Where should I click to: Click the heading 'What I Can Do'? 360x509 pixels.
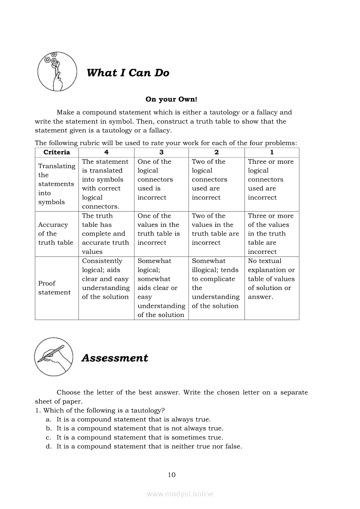point(128,73)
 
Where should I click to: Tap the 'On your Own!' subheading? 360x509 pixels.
point(171,99)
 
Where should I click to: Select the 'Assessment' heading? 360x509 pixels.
point(115,358)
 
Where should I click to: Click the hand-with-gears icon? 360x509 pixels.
point(55,71)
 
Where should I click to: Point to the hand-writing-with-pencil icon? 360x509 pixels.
point(54,357)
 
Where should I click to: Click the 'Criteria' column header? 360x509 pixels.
point(57,152)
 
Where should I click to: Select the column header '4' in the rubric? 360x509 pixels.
point(106,152)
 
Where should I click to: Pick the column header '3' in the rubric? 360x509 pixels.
point(161,152)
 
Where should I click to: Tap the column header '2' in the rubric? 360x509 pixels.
point(216,152)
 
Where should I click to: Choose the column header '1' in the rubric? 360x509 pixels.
point(272,152)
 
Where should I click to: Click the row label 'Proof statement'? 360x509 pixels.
point(54,288)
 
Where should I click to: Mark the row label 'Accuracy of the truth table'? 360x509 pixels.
point(56,234)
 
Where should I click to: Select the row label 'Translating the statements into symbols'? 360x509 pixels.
point(57,184)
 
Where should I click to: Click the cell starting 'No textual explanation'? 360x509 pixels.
point(271,279)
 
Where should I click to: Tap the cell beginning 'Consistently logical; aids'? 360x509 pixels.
point(106,279)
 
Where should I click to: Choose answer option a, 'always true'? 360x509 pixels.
point(133,419)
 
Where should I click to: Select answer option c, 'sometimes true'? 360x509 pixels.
point(139,437)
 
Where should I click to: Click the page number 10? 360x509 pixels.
point(172,475)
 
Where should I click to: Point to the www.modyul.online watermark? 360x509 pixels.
point(180,494)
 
